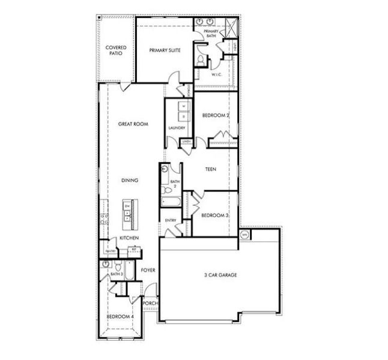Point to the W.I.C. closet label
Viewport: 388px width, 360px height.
coord(217,74)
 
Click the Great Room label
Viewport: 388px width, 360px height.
coord(133,124)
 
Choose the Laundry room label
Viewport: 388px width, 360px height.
coord(177,128)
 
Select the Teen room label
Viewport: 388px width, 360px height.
coord(211,169)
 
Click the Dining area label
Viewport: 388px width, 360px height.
coord(130,179)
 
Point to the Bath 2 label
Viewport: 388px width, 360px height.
coord(175,184)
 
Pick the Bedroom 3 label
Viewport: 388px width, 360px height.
coord(213,215)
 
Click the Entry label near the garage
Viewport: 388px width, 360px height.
coord(171,221)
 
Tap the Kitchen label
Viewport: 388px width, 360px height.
coord(129,238)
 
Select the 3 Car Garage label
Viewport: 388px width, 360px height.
coord(220,275)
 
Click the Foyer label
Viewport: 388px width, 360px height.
coord(148,270)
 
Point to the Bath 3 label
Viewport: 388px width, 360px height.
coord(116,274)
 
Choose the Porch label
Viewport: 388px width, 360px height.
coord(150,303)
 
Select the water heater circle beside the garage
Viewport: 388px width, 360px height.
coord(244,235)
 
